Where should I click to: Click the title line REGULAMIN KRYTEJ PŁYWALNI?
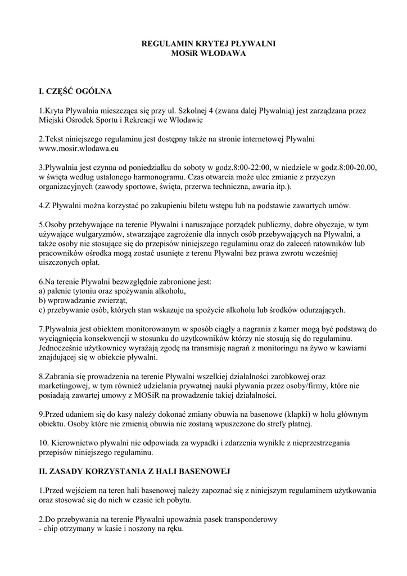tap(203, 44)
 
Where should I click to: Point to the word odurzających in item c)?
tap(318, 310)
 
